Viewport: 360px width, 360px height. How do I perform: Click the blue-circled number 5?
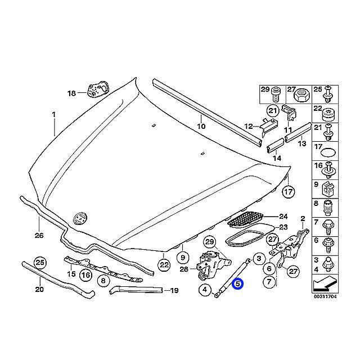point(238,284)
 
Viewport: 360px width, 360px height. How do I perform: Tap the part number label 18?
point(71,93)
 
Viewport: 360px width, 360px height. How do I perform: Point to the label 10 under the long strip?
point(201,127)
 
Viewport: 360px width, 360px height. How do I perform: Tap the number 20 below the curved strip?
point(38,290)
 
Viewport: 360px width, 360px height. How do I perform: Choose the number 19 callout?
point(174,291)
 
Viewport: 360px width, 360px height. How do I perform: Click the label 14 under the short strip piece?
point(277,159)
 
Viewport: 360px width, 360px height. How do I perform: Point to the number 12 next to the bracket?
point(247,127)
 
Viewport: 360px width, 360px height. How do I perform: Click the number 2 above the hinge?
point(302,218)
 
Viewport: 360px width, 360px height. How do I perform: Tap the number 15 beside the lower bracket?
point(71,274)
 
